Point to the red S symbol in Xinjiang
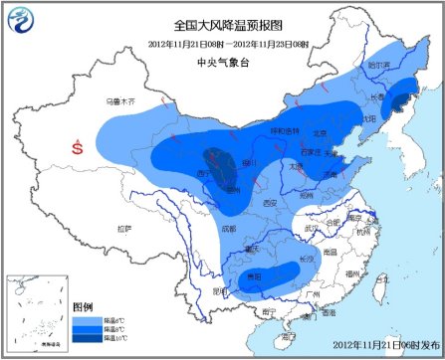click(x=77, y=150)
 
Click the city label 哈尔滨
click(x=379, y=63)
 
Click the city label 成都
click(x=231, y=228)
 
